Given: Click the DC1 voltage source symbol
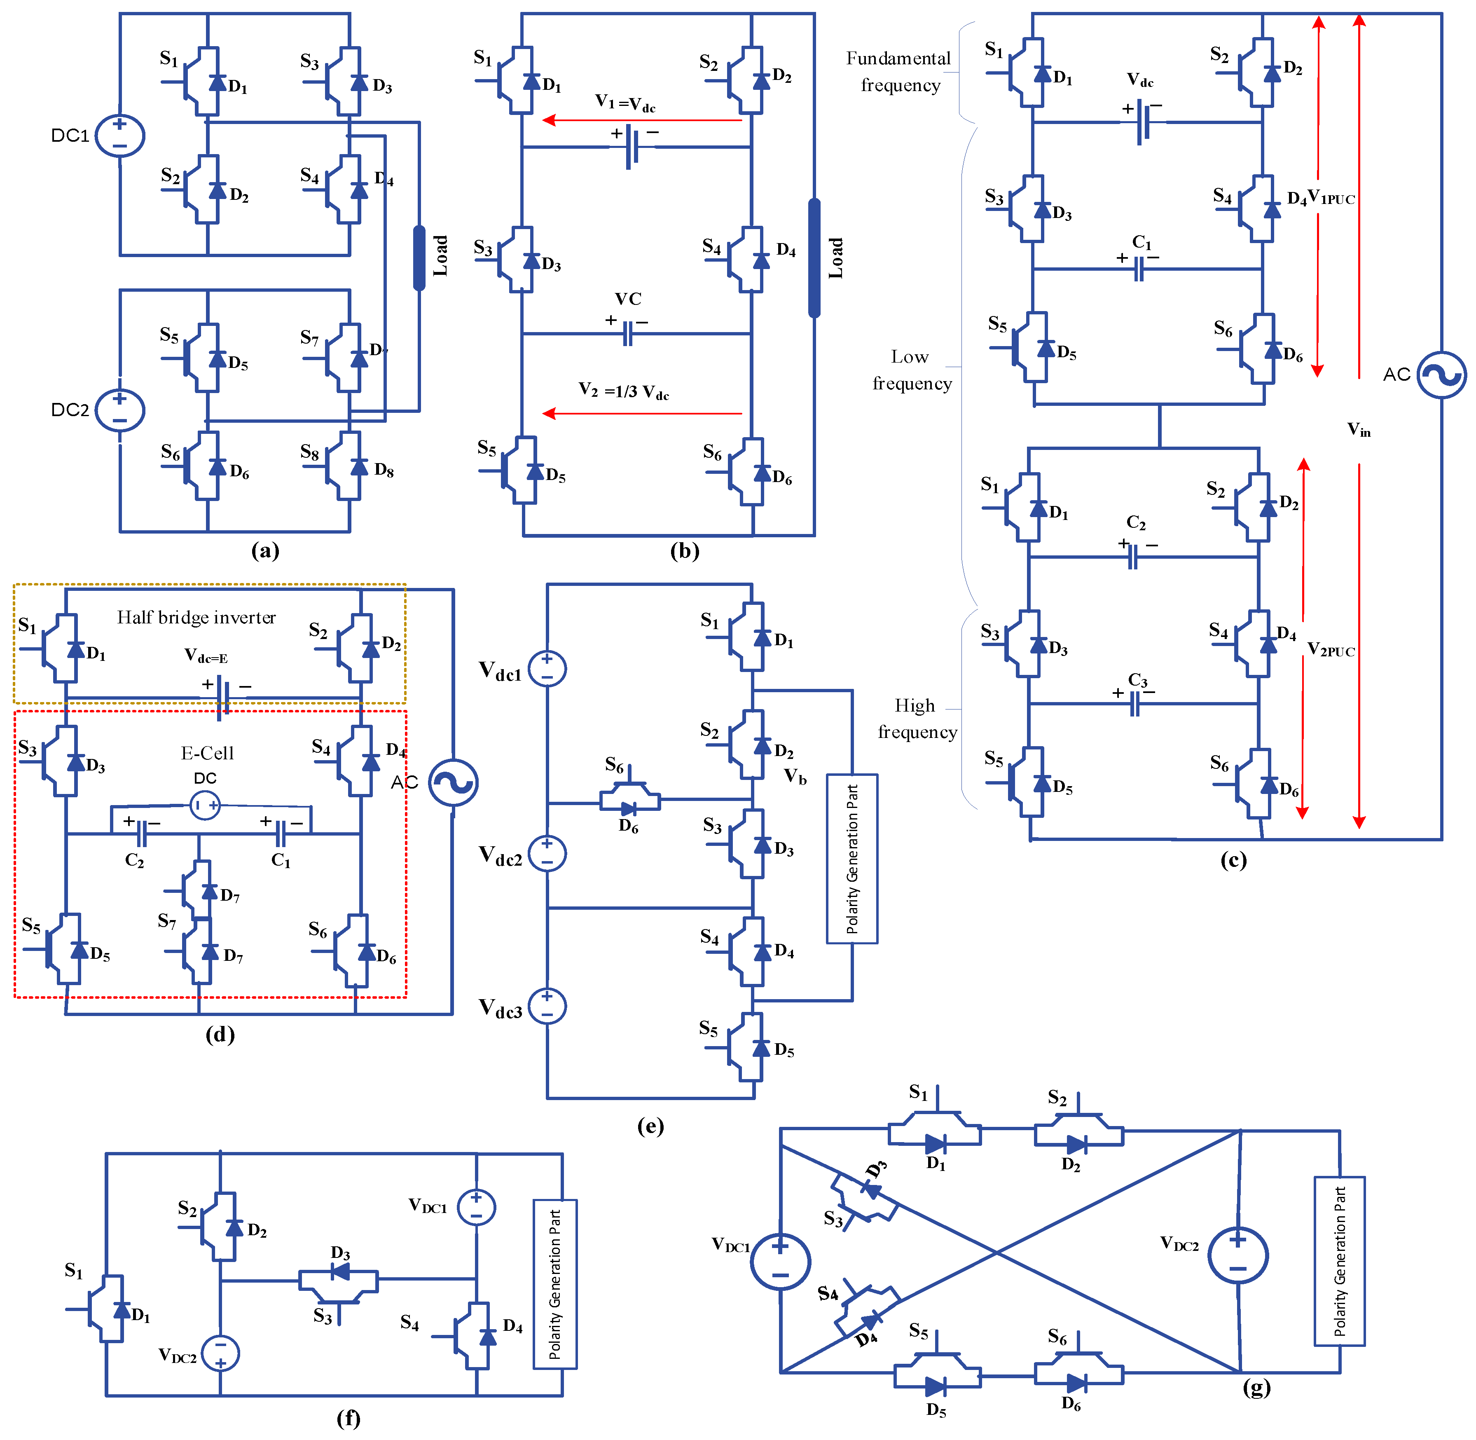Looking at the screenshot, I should point(119,136).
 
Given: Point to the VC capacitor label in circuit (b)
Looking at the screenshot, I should point(628,300).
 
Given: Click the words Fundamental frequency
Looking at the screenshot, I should point(898,72).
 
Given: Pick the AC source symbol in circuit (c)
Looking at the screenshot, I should point(1441,375).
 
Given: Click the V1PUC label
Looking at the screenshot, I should point(1331,199).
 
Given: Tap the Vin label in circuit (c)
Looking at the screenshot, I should point(1359,430).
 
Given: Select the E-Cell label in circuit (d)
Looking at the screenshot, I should point(207,753).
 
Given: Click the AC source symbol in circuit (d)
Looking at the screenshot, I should point(453,783).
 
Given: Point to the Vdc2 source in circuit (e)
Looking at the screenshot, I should point(547,854).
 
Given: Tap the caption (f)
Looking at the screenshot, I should point(348,1418).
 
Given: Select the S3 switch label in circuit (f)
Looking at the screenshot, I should point(323,1317).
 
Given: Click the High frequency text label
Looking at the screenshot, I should point(917,719).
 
